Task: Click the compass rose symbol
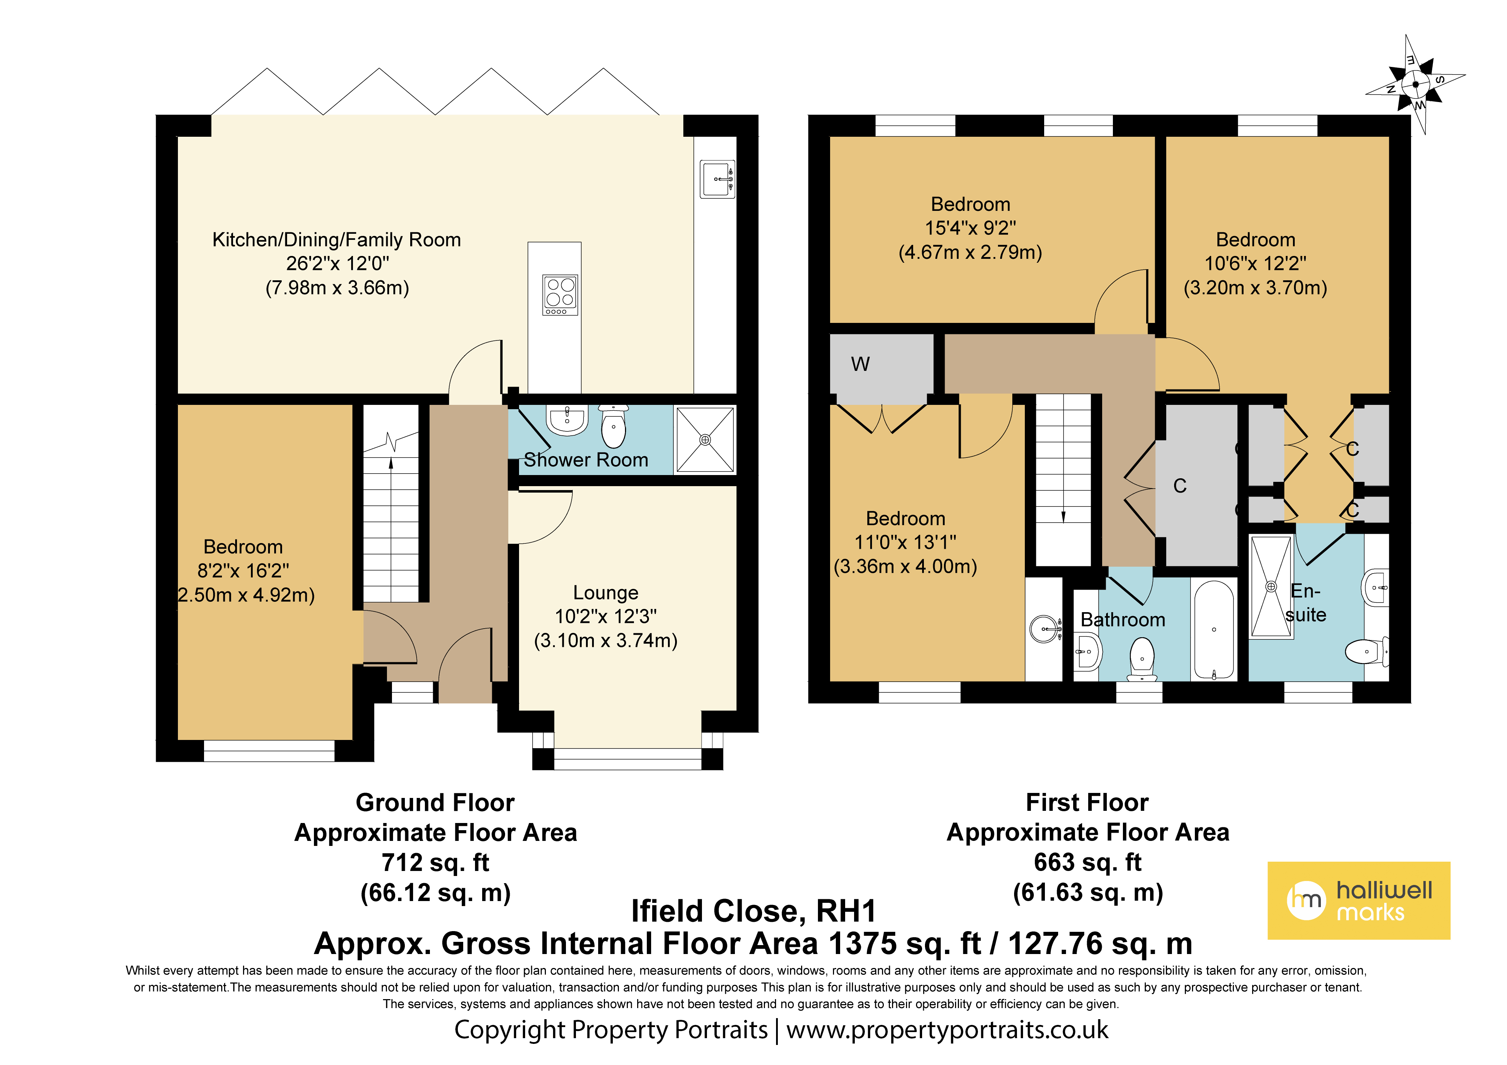1416,84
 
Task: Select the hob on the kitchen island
561,295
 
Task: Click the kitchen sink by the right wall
717,179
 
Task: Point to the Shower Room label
586,460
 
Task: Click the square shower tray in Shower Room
705,439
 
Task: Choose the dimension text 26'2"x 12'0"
337,263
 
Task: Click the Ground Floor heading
435,802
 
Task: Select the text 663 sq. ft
1087,862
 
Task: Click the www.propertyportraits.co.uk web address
947,1030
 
